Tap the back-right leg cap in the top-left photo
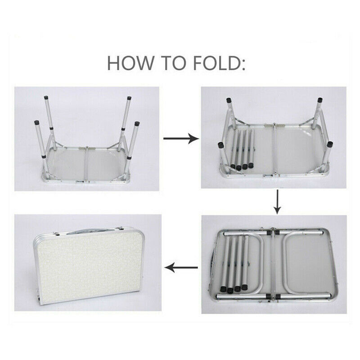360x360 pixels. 129,98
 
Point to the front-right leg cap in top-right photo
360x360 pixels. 330,144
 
